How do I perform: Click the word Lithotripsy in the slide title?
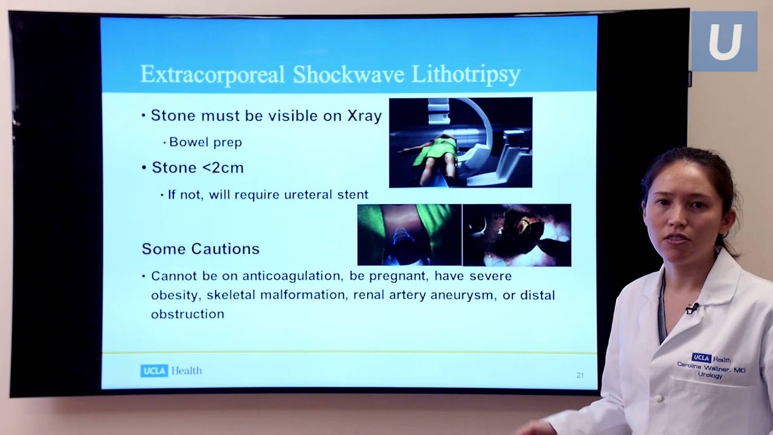(x=466, y=74)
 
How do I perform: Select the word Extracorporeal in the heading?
(x=213, y=74)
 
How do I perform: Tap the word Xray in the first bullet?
(x=364, y=116)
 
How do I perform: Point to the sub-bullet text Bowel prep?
(x=206, y=142)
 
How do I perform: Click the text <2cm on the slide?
(x=223, y=168)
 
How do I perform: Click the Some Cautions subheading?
(x=200, y=249)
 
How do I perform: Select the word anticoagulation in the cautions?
(x=292, y=276)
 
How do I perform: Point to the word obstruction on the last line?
(x=188, y=314)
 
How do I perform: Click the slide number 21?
(x=580, y=375)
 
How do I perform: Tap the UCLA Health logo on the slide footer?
(x=171, y=371)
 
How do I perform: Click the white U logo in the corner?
(x=724, y=42)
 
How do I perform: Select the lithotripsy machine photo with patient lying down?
(x=461, y=143)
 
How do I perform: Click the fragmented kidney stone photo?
(x=517, y=235)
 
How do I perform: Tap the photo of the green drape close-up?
(x=409, y=235)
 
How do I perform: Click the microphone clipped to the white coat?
(x=692, y=308)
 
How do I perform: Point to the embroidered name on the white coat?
(x=711, y=367)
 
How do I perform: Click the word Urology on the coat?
(x=710, y=375)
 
